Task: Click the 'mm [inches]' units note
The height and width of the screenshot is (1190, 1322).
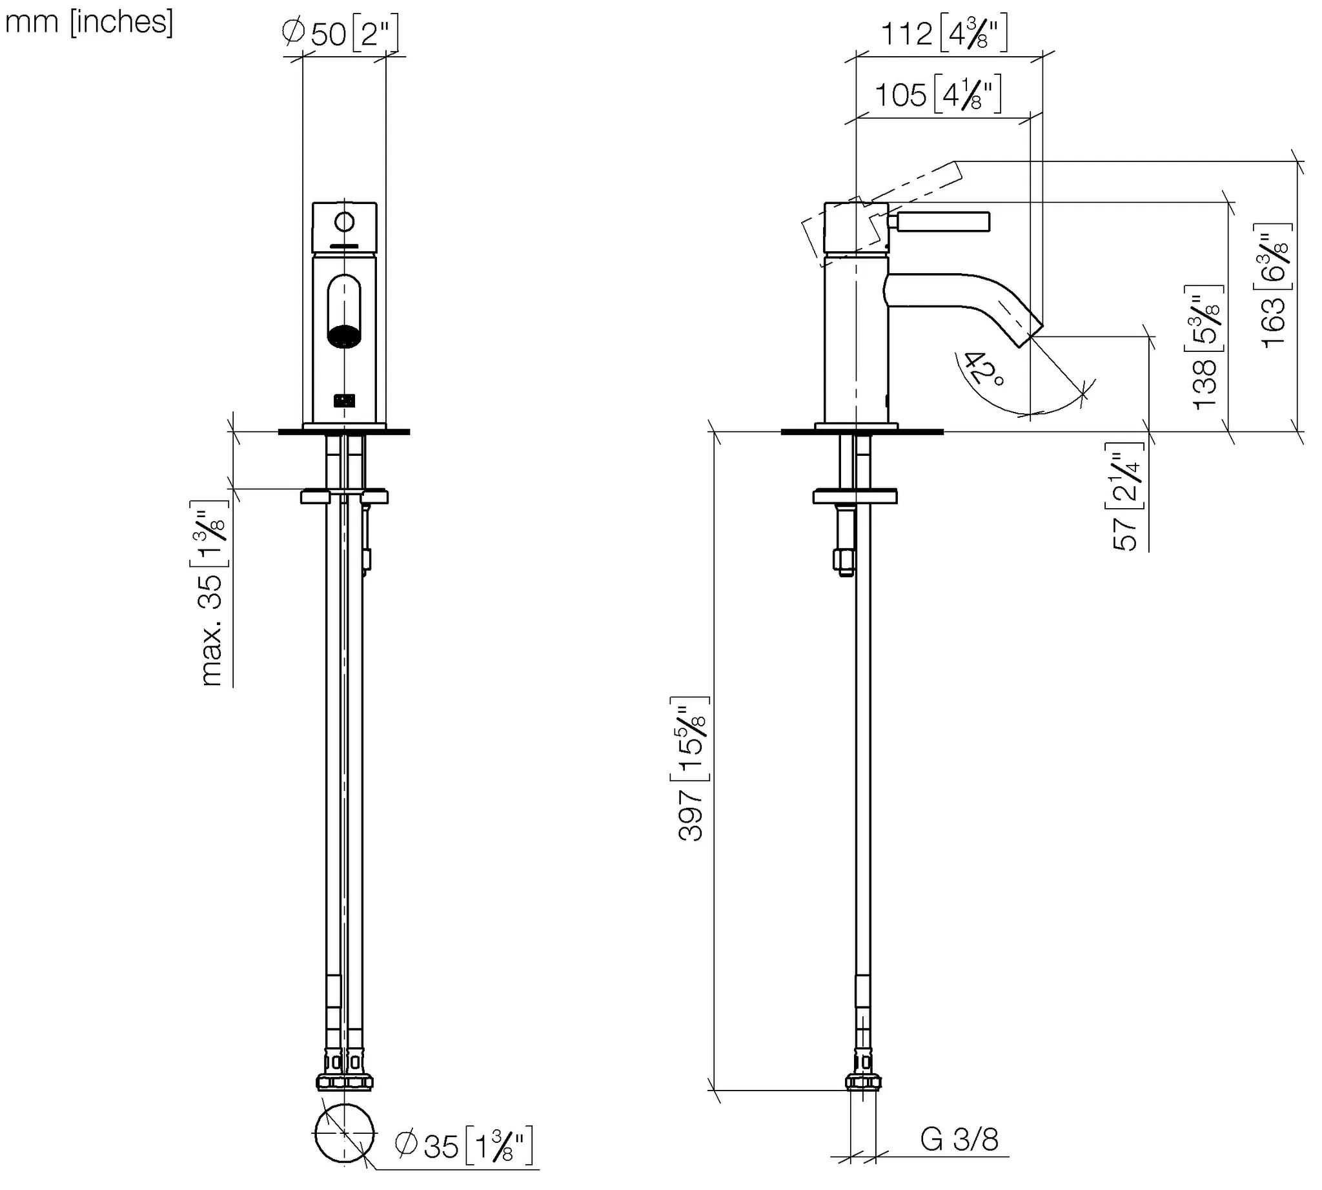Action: click(x=89, y=22)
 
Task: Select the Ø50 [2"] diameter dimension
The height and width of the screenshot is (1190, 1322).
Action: click(x=340, y=33)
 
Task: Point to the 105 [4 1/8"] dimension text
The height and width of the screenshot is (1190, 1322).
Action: click(x=937, y=96)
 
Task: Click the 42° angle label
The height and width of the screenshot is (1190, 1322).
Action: click(x=984, y=368)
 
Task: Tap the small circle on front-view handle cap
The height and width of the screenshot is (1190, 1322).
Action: click(x=344, y=222)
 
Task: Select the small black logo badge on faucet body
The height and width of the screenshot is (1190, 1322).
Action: click(x=344, y=400)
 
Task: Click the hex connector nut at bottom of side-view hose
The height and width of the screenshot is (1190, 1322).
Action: click(x=862, y=1082)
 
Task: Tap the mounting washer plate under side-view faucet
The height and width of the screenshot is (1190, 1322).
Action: click(x=855, y=497)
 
